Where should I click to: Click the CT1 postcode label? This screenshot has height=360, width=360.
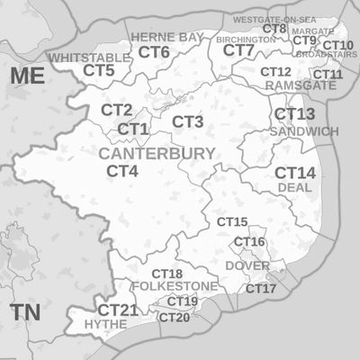coord(132,130)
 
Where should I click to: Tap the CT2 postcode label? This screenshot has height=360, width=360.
coord(116,110)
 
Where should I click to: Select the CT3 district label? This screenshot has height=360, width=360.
coord(187,121)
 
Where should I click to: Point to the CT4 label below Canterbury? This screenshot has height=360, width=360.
coord(122,171)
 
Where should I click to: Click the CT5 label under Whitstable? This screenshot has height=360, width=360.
coord(99,70)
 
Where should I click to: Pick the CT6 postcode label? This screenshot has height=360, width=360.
coord(154,52)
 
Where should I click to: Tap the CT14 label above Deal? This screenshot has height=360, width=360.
coord(295,173)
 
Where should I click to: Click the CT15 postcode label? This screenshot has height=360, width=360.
coord(232,221)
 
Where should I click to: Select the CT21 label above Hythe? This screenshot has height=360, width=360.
coord(118,310)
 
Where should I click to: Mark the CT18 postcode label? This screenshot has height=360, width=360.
coord(166,274)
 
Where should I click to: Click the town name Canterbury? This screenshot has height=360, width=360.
coord(157,154)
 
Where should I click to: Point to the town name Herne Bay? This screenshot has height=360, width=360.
coord(167,37)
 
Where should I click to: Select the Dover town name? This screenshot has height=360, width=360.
coord(247,266)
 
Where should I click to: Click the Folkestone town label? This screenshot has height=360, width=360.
coord(175,286)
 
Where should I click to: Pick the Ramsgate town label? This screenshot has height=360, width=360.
coord(301,85)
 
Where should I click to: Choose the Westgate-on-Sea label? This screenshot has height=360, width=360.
coord(273,18)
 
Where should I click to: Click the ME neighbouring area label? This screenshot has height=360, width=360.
coord(28,76)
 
